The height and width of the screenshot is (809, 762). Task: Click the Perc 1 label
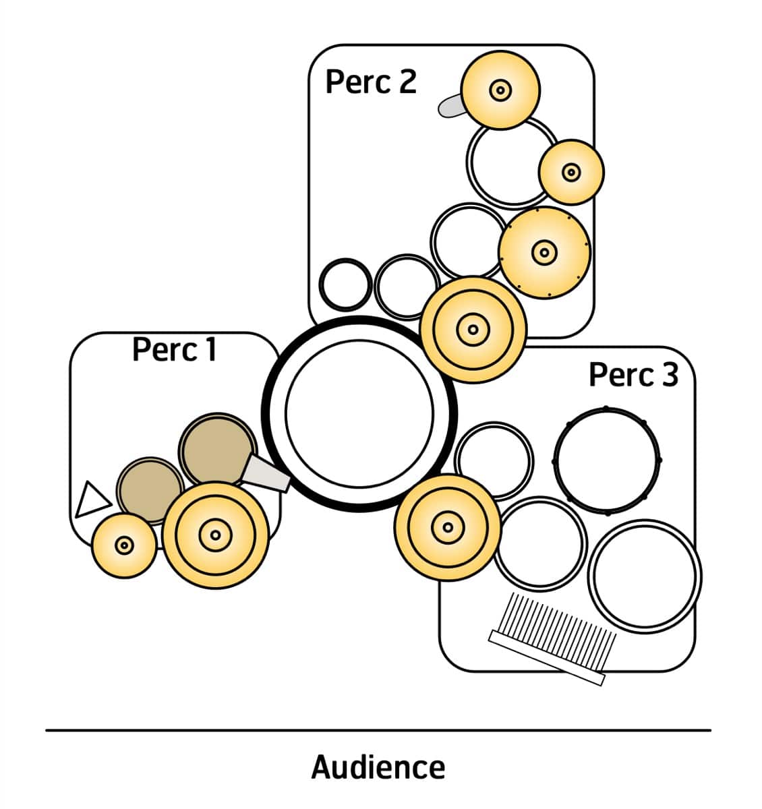174,350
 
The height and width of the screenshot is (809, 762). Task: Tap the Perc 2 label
371,82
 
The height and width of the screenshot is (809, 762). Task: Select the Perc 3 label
633,375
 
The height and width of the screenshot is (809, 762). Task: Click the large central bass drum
359,413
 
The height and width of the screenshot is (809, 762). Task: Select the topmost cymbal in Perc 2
500,90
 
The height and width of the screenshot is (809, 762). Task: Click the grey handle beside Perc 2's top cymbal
450,106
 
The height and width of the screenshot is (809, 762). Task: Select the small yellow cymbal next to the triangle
123,545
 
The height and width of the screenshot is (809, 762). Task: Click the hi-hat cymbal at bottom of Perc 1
216,535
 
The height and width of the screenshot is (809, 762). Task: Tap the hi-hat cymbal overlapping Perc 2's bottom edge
473,330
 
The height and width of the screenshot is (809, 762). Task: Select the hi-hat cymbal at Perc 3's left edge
446,527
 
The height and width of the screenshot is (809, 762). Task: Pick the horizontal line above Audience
378,729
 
